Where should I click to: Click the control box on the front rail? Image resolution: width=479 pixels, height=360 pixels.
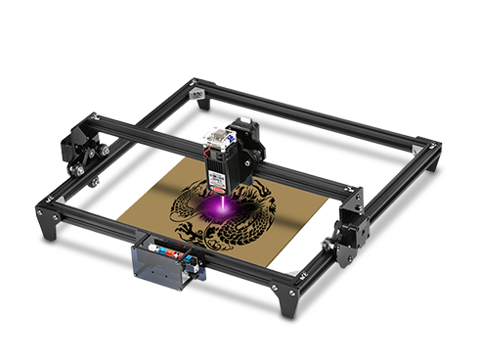pos(160,263)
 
